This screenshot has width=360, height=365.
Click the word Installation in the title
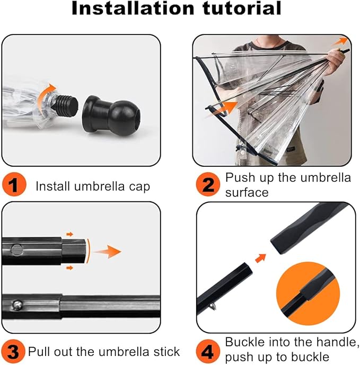(x=133, y=8)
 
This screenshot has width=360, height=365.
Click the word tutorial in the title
(x=242, y=8)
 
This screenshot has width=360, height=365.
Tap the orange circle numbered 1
(x=14, y=184)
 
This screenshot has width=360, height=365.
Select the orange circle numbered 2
(x=208, y=184)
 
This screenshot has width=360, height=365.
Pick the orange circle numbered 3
(x=13, y=352)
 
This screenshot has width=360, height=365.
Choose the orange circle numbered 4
(x=208, y=352)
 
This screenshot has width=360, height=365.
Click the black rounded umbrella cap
(x=111, y=115)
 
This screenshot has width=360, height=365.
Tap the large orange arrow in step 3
(x=108, y=252)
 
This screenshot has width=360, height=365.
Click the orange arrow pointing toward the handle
(x=261, y=258)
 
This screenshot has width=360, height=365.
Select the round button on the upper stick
(x=17, y=250)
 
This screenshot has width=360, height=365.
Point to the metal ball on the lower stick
(x=17, y=305)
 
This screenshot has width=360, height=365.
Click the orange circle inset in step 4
(x=308, y=294)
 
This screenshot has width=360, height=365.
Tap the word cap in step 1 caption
(x=139, y=187)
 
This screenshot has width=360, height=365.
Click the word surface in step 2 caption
(x=247, y=193)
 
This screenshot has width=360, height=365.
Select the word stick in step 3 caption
(x=166, y=352)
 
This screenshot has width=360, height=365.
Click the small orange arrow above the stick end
(x=69, y=234)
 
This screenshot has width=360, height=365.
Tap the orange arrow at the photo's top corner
(x=340, y=41)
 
